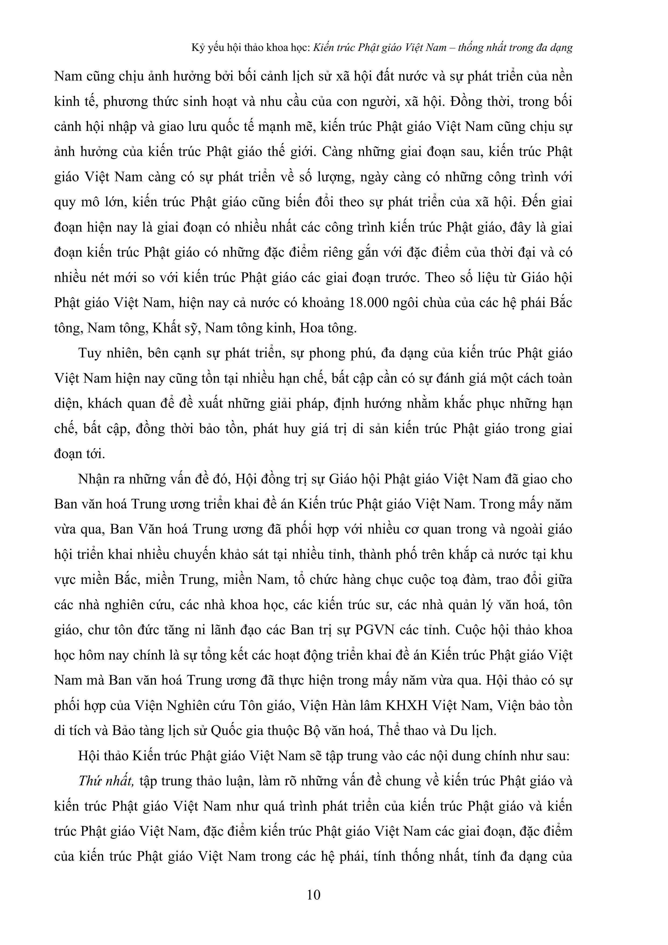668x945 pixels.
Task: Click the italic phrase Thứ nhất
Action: [106, 781]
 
